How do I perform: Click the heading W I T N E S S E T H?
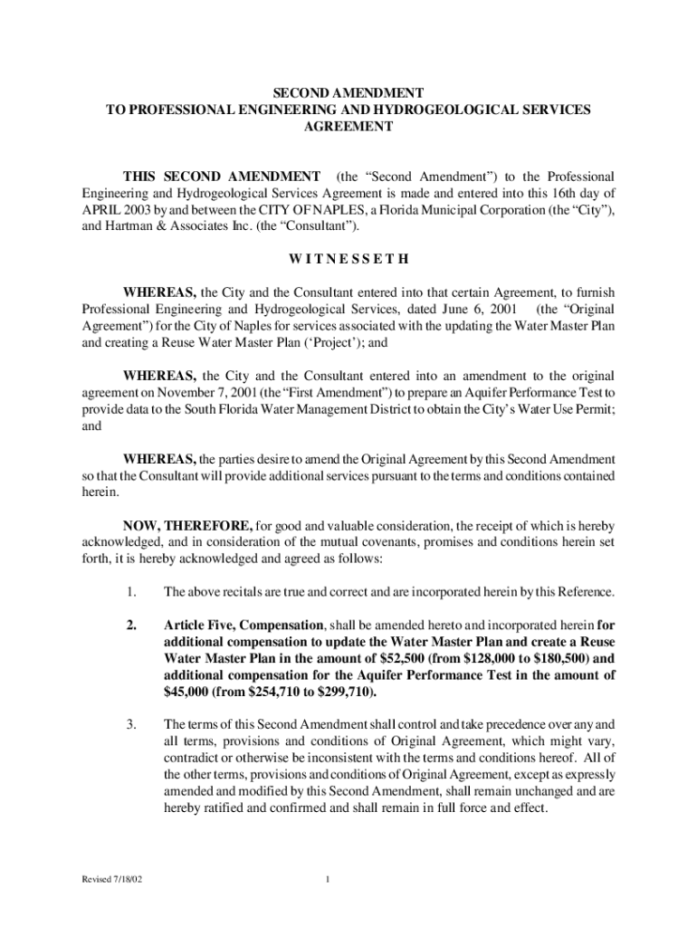349,259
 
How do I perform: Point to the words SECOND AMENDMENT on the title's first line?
348,92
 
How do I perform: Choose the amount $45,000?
192,692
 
